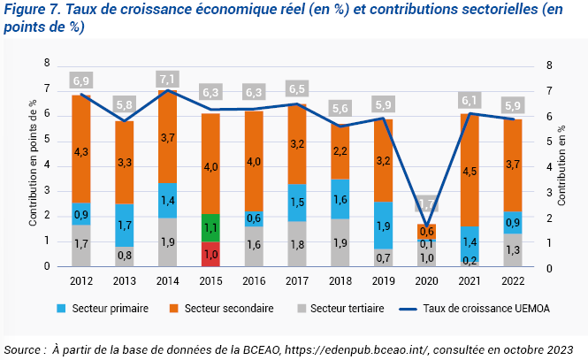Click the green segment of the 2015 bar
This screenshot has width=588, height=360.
[210, 227]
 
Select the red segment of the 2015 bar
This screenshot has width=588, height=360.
[210, 254]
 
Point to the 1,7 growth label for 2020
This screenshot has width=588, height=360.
[426, 204]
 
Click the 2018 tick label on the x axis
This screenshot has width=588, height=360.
[340, 281]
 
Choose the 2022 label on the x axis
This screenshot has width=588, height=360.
[513, 281]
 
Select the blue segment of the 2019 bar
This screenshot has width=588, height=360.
[383, 226]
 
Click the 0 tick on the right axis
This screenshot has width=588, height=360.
[550, 267]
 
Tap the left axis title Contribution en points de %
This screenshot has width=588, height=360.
[33, 165]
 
